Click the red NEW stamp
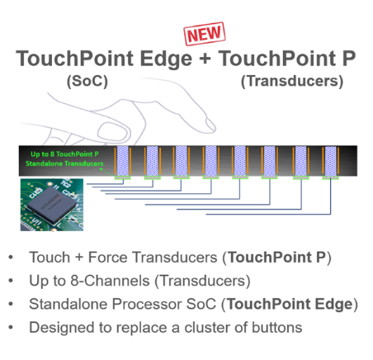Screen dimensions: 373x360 point(205,34)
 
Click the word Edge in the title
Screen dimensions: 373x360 point(166,59)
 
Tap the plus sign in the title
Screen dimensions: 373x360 point(205,59)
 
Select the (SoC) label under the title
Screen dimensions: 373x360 point(87,82)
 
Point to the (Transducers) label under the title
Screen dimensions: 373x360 point(292,82)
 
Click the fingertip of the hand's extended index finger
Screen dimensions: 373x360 point(212,126)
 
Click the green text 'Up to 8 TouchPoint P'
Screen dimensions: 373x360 point(64,154)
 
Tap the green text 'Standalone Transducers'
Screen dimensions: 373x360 point(64,163)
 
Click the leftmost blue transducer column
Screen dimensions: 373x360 point(123,161)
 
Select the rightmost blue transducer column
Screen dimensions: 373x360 point(330,161)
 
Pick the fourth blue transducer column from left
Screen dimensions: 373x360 point(211,161)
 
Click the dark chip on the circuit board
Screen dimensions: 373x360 point(52,204)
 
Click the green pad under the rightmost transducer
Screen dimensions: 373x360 point(330,178)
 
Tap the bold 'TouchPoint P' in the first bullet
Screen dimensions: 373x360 point(276,258)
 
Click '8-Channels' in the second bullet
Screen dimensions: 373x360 point(110,281)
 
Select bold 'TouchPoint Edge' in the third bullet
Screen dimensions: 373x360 point(290,305)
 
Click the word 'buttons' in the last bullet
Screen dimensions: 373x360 point(277,328)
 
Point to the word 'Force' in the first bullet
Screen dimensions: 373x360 point(107,258)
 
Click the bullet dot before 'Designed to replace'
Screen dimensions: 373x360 point(11,328)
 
